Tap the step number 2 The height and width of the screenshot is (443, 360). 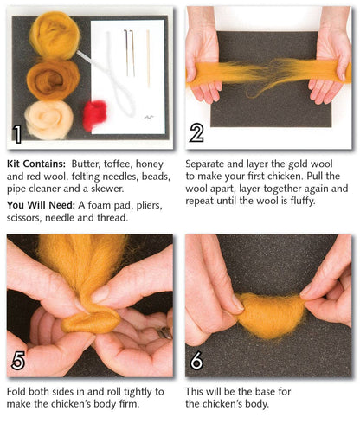click(197, 133)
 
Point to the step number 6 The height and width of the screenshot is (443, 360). click(197, 360)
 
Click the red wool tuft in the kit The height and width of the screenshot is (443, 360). click(94, 114)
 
